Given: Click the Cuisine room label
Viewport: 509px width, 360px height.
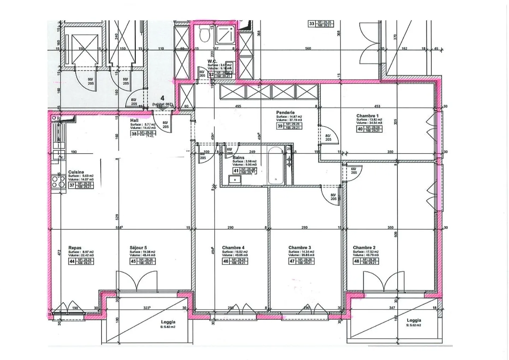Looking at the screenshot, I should tap(76, 172).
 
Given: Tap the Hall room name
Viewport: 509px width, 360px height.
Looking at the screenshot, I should tap(134, 121).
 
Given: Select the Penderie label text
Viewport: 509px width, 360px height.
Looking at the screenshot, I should tap(285, 113).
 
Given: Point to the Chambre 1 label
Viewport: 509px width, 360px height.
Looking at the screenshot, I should tap(367, 116).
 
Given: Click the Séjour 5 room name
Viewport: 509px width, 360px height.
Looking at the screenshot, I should tap(138, 248).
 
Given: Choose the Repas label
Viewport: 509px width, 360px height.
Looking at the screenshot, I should tap(75, 248).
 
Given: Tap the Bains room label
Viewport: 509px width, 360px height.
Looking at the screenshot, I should tap(238, 158).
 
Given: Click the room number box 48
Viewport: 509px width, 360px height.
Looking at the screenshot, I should tap(357, 261).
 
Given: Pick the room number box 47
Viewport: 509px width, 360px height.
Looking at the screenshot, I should tap(292, 261).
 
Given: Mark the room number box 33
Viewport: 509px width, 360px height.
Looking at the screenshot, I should tap(311, 24).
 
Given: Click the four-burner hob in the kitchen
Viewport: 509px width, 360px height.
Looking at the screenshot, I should tap(57, 181).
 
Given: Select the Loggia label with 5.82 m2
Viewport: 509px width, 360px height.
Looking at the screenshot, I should tap(168, 322).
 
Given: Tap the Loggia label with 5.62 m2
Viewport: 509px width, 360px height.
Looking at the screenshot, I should tap(414, 320).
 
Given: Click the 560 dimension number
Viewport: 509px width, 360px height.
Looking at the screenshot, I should tap(308, 48).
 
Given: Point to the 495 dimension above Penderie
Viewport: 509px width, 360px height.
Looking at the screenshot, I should tap(238, 106).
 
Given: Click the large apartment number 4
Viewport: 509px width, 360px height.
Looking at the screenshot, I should tap(162, 98).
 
